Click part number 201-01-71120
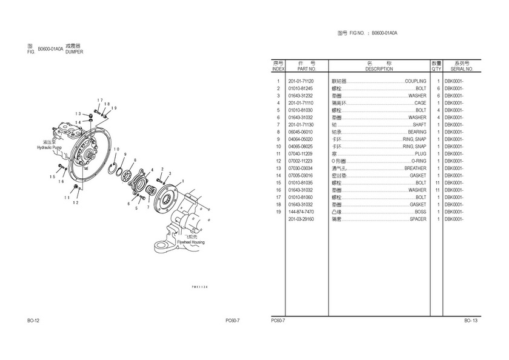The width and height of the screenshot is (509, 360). [x=301, y=81]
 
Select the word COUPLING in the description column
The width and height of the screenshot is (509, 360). [x=416, y=81]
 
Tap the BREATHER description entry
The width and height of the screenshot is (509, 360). [x=415, y=168]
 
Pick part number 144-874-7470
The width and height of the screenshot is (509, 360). [x=301, y=212]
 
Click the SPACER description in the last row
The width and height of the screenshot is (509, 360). [x=418, y=219]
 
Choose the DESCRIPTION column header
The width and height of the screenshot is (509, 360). [x=379, y=69]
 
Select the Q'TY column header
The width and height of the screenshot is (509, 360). [x=436, y=69]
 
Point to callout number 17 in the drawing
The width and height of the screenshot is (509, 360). [x=99, y=100]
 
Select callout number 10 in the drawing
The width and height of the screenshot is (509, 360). [x=116, y=149]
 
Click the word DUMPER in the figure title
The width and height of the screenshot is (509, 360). [x=74, y=52]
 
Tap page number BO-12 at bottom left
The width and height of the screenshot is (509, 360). [x=33, y=320]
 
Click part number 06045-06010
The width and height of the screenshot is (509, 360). [x=301, y=132]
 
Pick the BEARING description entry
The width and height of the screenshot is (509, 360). [x=417, y=132]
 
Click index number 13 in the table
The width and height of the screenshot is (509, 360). [x=278, y=168]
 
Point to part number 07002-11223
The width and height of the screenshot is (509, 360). [x=301, y=161]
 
